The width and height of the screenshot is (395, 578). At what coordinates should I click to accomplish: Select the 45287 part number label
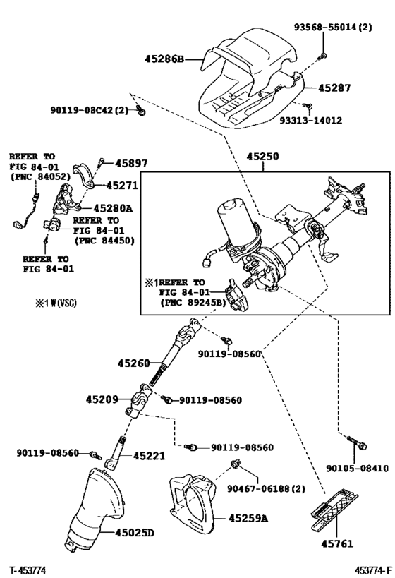(334, 88)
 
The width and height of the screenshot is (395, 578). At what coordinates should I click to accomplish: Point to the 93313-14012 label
(310, 121)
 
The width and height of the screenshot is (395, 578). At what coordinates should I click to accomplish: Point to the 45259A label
(248, 518)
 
